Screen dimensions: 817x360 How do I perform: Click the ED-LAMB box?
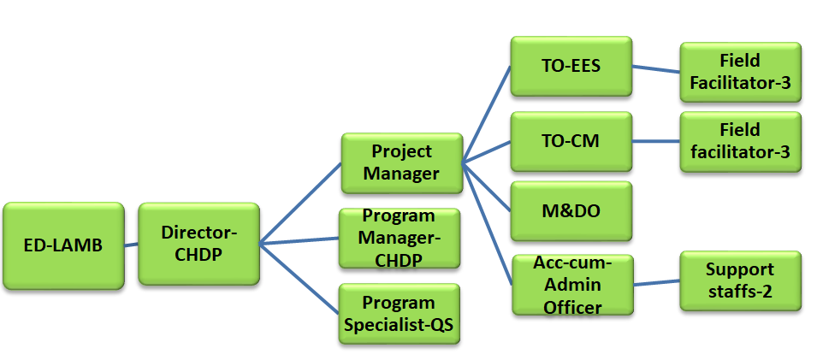pyautogui.click(x=63, y=245)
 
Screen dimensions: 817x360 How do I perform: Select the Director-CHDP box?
pyautogui.click(x=199, y=244)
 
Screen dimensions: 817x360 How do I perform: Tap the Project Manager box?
pyautogui.click(x=402, y=163)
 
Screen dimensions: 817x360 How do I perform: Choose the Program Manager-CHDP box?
pyautogui.click(x=400, y=238)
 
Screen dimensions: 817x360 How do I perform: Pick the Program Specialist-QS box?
pyautogui.click(x=400, y=314)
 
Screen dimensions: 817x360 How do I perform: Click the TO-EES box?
pyautogui.click(x=571, y=66)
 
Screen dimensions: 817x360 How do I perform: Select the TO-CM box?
pyautogui.click(x=571, y=141)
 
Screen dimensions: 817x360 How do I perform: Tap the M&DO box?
pyautogui.click(x=571, y=211)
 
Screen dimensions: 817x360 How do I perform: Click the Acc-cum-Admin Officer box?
pyautogui.click(x=572, y=285)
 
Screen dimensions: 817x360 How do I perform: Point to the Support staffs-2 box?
pyautogui.click(x=740, y=280)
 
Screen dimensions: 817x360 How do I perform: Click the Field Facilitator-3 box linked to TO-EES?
pyautogui.click(x=740, y=72)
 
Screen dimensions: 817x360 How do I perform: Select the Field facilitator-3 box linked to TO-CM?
pyautogui.click(x=740, y=141)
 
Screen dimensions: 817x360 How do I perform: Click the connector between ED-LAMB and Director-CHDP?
pyautogui.click(x=131, y=245)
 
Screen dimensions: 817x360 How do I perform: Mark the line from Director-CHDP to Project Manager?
pyautogui.click(x=300, y=204)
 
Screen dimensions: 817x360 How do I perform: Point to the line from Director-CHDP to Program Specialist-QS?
pyautogui.click(x=299, y=279)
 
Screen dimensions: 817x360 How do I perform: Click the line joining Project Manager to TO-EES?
pyautogui.click(x=487, y=115)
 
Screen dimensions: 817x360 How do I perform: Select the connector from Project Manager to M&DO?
pyautogui.click(x=487, y=187)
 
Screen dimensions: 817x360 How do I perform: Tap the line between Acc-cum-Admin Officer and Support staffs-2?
pyautogui.click(x=656, y=283)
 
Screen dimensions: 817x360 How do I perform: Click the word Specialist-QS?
pyautogui.click(x=400, y=325)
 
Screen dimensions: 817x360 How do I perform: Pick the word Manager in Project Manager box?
pyautogui.click(x=402, y=174)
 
